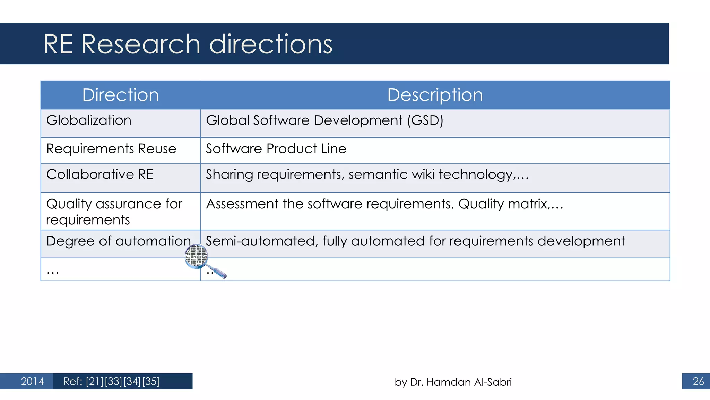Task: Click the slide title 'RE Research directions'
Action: click(x=188, y=44)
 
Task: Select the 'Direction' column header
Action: click(x=120, y=95)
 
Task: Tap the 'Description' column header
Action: click(x=435, y=95)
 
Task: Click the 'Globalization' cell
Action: click(x=89, y=120)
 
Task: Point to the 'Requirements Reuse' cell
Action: click(x=111, y=149)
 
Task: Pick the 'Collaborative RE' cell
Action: click(x=100, y=174)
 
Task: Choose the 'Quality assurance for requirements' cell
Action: click(x=114, y=211)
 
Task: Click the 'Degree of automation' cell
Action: click(x=118, y=241)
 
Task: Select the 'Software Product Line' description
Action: click(x=276, y=149)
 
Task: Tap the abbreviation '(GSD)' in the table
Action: click(x=425, y=120)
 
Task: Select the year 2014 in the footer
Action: click(x=32, y=381)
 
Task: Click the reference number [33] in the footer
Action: click(x=113, y=381)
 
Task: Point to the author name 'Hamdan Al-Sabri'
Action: click(x=469, y=382)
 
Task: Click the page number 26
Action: click(x=698, y=381)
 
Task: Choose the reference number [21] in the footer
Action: click(x=95, y=381)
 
